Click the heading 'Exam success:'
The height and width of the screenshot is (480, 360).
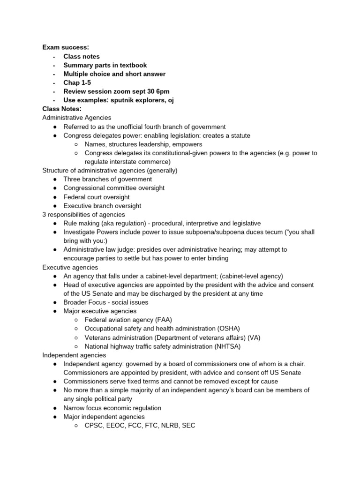coord(65,47)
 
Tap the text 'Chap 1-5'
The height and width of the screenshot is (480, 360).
coord(77,82)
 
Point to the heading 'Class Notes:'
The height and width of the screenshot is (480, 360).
coord(62,109)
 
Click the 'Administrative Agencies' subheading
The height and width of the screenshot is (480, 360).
coord(77,118)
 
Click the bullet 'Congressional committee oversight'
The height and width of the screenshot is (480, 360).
coord(114,188)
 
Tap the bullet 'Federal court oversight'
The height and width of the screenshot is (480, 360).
coord(97,197)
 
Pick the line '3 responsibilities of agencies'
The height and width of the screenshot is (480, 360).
coord(83,214)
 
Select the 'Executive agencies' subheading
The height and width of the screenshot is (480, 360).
coord(70,267)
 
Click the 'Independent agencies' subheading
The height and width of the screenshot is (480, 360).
coord(74,355)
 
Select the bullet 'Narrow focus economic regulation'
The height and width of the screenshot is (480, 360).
coord(112,408)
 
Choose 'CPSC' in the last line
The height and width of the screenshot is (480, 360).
coord(95,426)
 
